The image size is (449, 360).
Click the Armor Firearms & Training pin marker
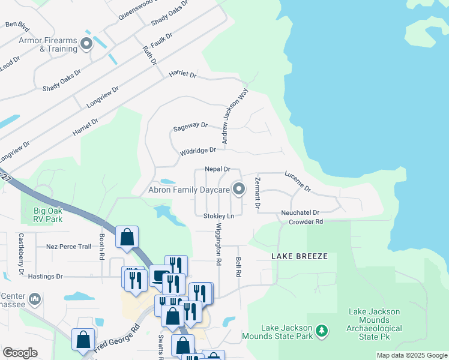[86, 43]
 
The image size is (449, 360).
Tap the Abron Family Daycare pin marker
[239, 190]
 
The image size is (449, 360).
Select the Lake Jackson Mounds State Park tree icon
[322, 331]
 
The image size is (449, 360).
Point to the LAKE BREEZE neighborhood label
[300, 256]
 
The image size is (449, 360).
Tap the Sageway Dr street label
[190, 127]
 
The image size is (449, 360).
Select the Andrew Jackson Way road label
[235, 117]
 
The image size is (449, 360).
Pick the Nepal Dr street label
[217, 170]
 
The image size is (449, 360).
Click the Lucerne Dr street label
[298, 180]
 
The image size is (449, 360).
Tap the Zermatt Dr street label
[257, 193]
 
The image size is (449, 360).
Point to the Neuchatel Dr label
[300, 212]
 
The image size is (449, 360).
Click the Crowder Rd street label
[306, 221]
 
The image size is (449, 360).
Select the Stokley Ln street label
[218, 215]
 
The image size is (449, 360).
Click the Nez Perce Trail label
[68, 247]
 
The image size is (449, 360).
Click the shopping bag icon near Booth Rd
[127, 237]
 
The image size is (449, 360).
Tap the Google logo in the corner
[20, 353]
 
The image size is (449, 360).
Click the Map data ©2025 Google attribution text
[411, 355]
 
